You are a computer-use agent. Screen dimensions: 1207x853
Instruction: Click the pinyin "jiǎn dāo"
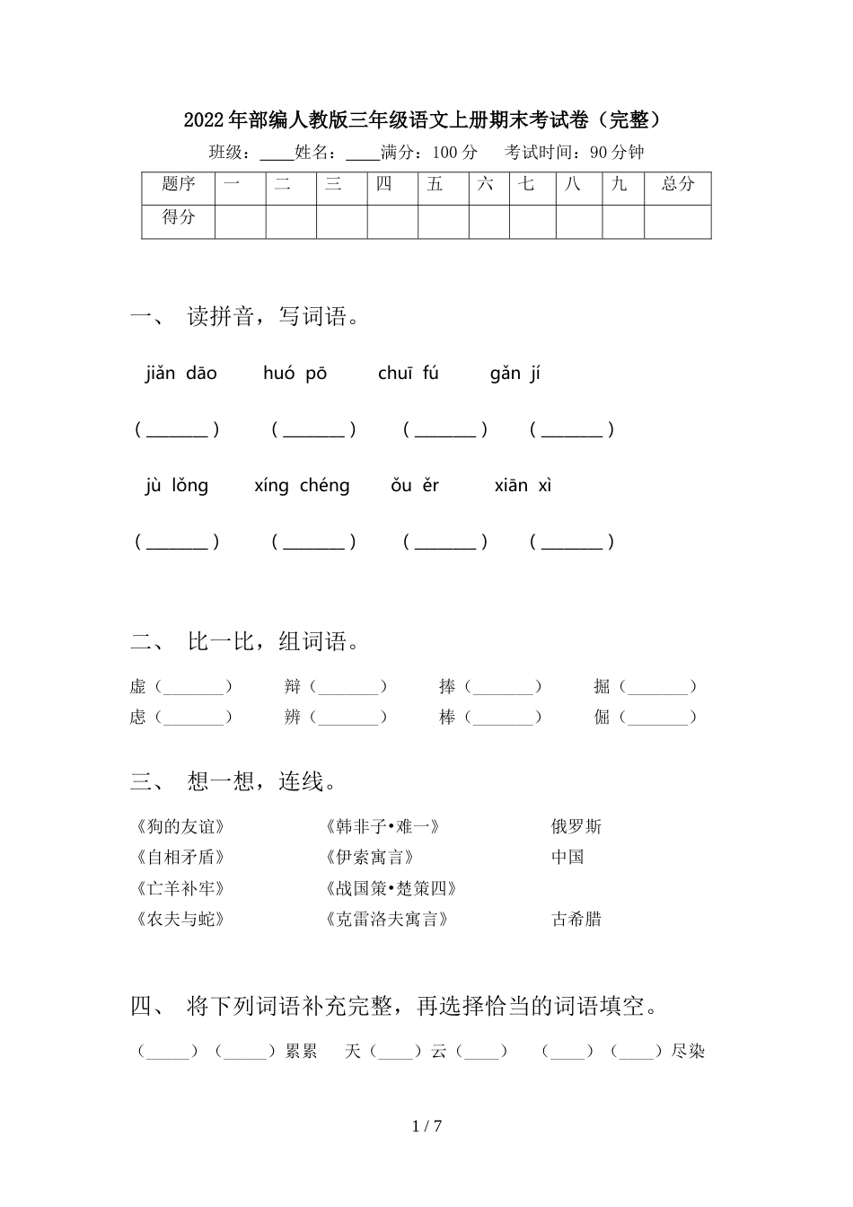180,374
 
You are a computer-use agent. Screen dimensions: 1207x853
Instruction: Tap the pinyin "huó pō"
295,374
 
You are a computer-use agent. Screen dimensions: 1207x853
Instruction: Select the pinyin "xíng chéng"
302,486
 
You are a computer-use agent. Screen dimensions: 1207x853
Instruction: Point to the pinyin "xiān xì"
523,486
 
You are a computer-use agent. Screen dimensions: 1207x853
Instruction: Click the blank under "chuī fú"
445,430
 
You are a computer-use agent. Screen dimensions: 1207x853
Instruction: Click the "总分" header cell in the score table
677,184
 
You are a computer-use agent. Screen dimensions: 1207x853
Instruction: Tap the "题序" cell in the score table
178,184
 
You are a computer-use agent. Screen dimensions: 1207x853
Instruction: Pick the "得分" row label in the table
178,217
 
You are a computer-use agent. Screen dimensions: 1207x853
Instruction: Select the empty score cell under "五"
443,221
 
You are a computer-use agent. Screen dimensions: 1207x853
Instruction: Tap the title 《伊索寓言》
369,858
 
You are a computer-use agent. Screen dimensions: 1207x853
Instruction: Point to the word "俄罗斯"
576,827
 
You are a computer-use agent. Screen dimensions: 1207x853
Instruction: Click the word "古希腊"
576,920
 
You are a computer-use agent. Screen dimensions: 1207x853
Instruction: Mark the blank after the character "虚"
193,688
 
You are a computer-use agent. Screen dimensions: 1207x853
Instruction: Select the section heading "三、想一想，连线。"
236,782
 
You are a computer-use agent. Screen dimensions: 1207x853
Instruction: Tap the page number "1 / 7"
426,1126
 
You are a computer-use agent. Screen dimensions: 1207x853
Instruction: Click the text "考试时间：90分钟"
575,153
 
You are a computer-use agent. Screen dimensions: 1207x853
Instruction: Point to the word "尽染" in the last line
689,1052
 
